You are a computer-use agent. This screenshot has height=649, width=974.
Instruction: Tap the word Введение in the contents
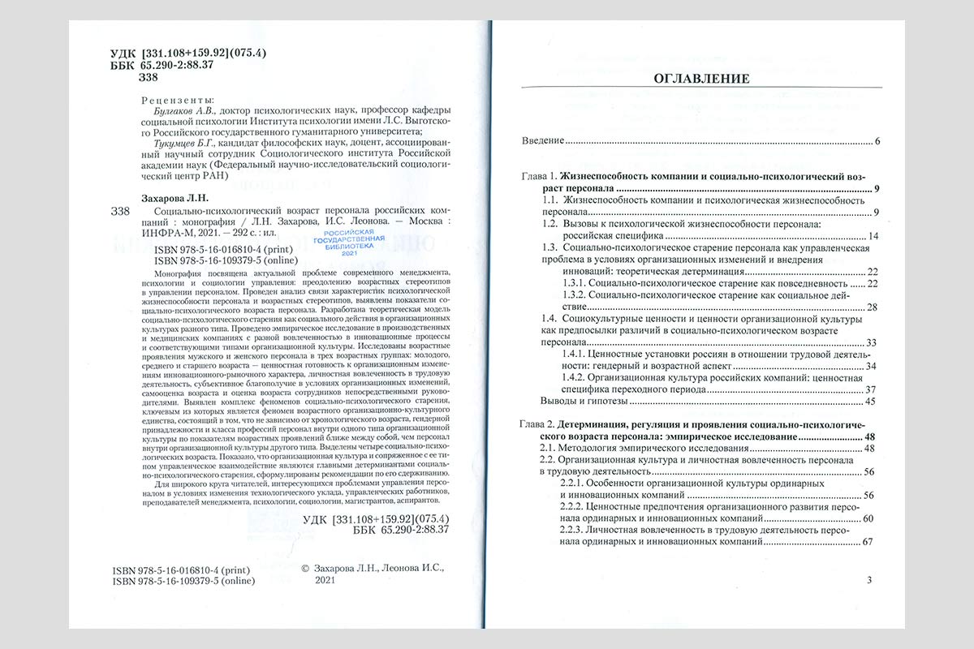point(542,141)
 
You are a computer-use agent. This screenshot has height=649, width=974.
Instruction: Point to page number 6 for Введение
point(878,142)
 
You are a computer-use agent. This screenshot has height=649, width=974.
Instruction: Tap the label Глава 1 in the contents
point(537,177)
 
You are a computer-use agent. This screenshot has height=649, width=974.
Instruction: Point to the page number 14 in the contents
point(873,236)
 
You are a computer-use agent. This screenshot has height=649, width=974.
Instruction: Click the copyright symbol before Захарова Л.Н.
point(305,569)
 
